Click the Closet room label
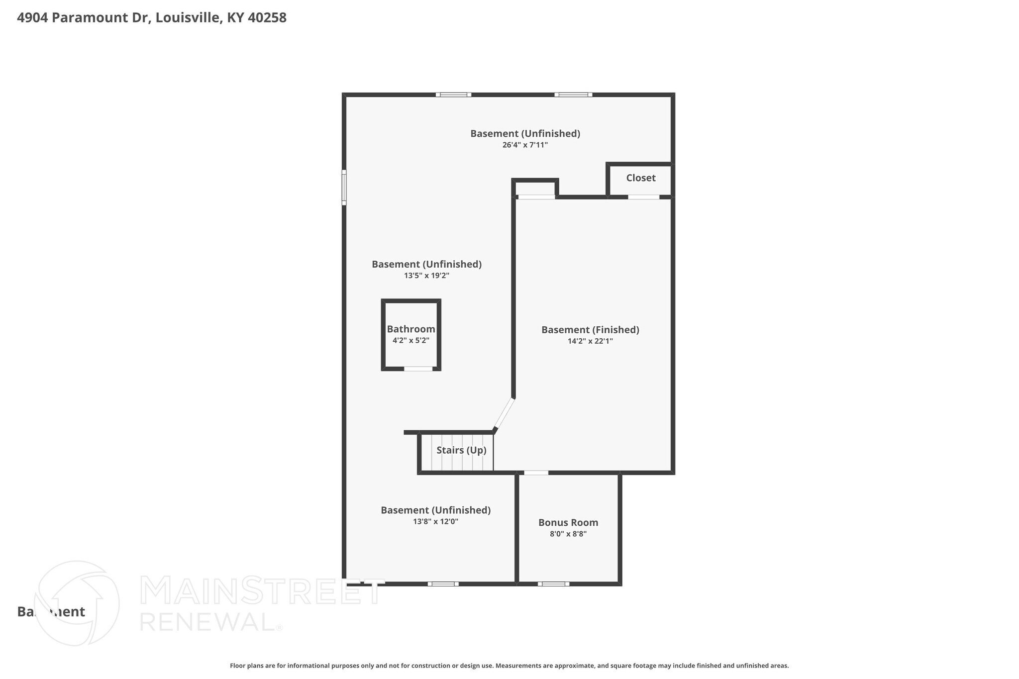click(640, 178)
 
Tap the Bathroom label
click(411, 329)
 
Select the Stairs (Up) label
click(461, 450)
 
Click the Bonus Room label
click(568, 523)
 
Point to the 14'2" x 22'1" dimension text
click(590, 341)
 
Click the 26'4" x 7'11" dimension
click(525, 145)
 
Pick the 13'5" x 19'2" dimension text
click(426, 276)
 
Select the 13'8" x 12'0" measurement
click(435, 522)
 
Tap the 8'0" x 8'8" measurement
click(568, 534)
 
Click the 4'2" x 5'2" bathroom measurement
click(411, 341)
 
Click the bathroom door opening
click(418, 369)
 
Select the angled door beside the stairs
click(504, 413)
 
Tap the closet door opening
click(643, 197)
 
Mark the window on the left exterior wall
click(344, 187)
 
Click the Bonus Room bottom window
click(553, 584)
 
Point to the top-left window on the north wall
click(453, 95)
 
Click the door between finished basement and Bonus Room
click(536, 473)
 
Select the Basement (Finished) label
click(590, 330)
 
